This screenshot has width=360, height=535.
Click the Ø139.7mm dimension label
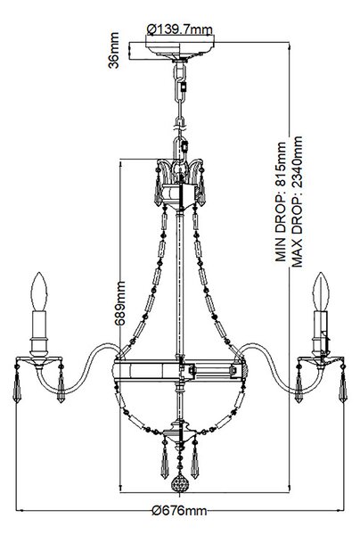pos(180,29)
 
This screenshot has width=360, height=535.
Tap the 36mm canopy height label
pos(113,50)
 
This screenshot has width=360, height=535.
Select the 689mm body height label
pos(119,303)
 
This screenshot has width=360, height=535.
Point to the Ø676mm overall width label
pos(180,511)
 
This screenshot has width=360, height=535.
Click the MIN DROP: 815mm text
pos(282,202)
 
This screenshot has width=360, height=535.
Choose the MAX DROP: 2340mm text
pos(297,202)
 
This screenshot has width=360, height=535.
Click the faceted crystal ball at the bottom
pos(180,482)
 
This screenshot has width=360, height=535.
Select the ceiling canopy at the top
pos(180,51)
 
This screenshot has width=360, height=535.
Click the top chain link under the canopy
pos(180,73)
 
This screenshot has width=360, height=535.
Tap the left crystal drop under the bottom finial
pos(165,459)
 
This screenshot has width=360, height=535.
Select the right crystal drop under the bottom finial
pos(194,459)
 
